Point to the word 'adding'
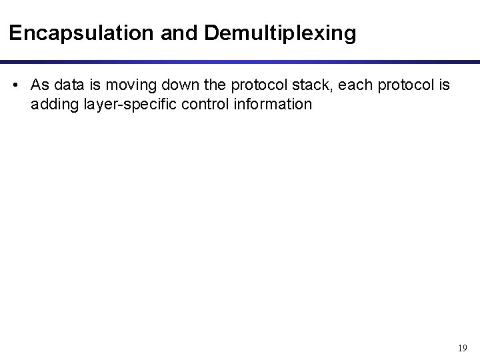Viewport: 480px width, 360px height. (51, 105)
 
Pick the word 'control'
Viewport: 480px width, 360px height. (196, 105)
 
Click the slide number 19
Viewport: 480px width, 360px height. (462, 347)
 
